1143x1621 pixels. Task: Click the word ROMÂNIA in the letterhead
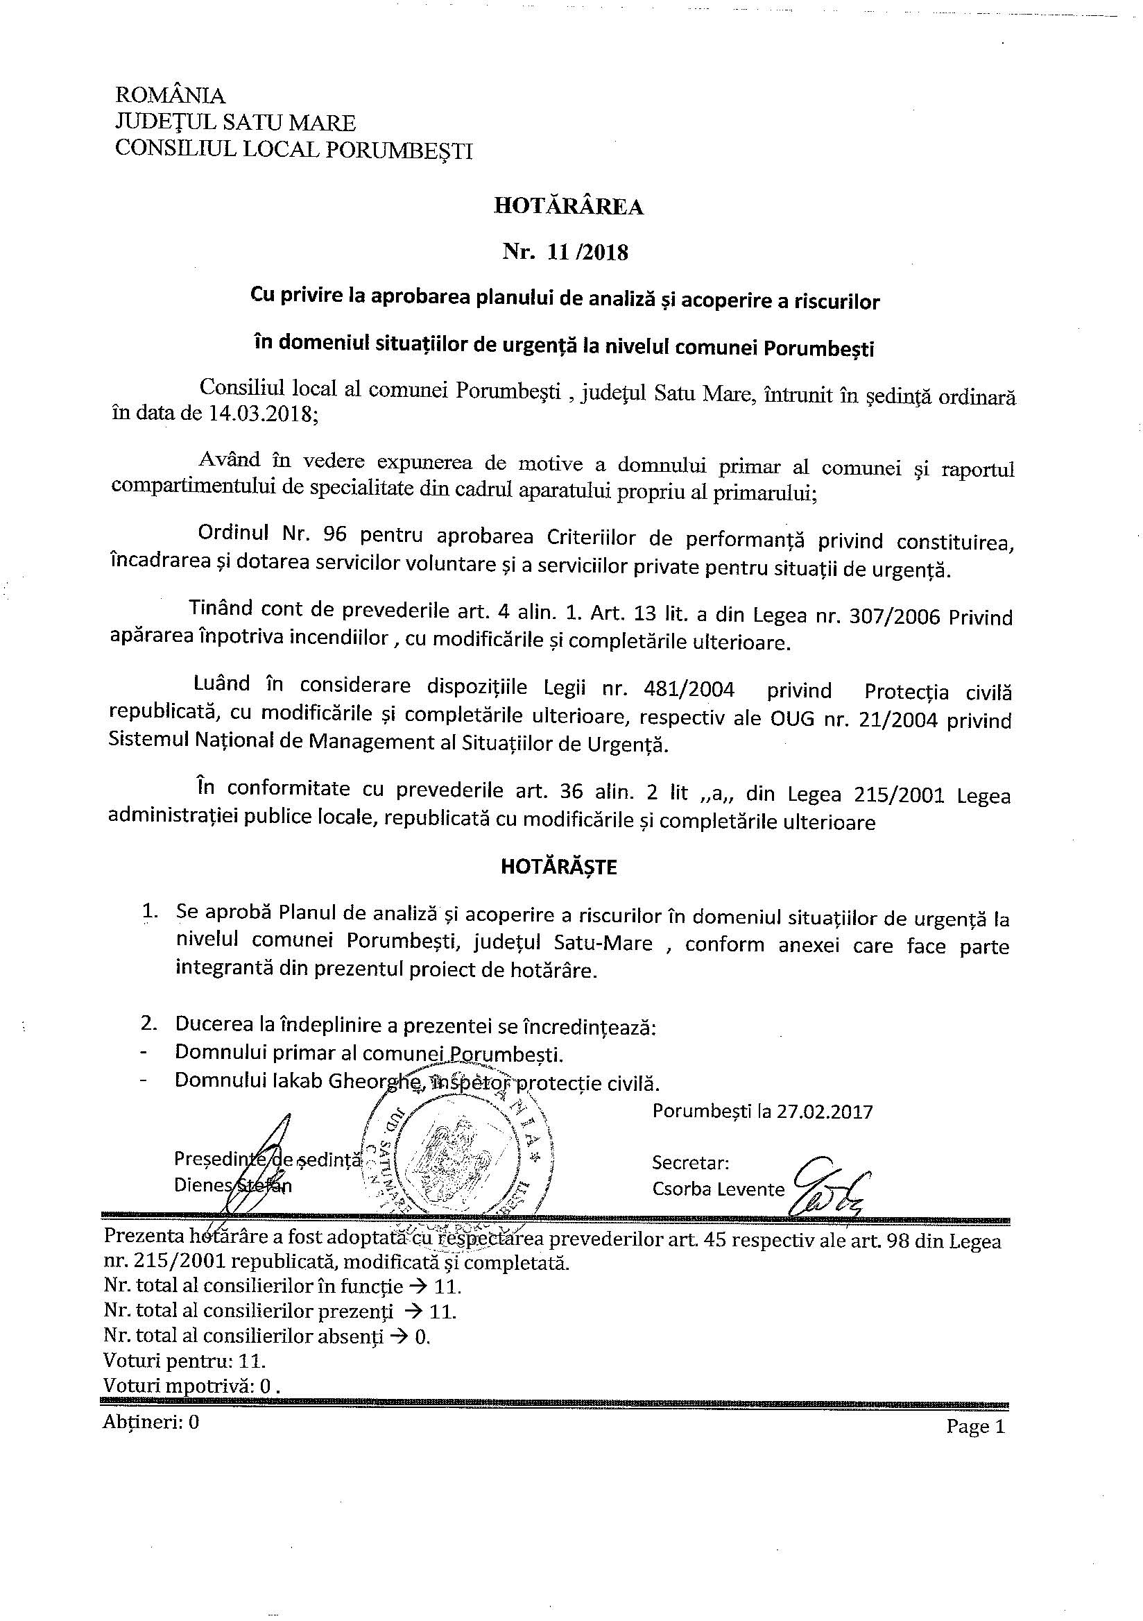pos(170,95)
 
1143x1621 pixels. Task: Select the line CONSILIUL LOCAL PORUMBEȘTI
pos(293,150)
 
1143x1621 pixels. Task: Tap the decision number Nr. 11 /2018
pos(565,252)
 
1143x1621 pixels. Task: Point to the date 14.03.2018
pos(261,414)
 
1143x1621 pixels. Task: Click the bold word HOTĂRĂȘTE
pos(559,867)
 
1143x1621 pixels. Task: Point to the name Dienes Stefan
pos(233,1185)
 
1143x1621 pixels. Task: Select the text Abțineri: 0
pos(151,1423)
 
